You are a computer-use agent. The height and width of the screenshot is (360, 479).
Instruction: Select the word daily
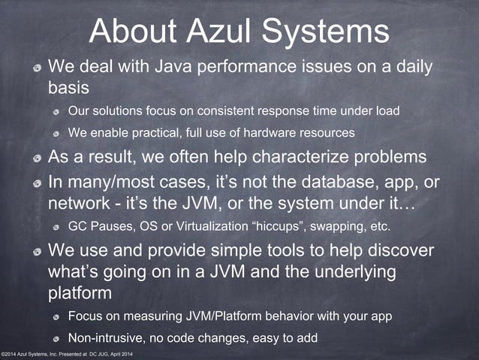point(410,68)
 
